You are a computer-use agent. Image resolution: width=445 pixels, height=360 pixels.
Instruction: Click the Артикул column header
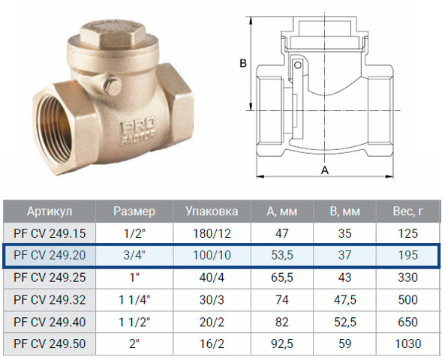coord(50,211)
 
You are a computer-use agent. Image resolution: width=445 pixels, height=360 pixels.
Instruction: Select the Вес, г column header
coord(408,211)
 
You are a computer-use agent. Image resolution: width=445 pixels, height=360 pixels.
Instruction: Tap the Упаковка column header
coord(212,211)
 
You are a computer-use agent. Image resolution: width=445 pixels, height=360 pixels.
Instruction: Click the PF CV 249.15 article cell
coord(50,233)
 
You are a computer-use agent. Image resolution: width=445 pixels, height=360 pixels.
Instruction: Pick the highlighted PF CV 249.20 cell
coord(50,255)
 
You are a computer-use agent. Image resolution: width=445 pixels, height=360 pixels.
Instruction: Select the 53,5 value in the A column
coord(282,255)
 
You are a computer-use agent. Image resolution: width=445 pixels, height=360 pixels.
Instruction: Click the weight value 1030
coord(408,343)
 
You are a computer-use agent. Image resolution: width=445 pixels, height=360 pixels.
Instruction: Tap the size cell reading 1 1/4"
coord(134,300)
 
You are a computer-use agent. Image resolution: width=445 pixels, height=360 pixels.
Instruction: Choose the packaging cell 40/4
coord(212,277)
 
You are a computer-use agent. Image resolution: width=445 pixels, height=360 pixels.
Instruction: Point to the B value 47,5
coord(344,300)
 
